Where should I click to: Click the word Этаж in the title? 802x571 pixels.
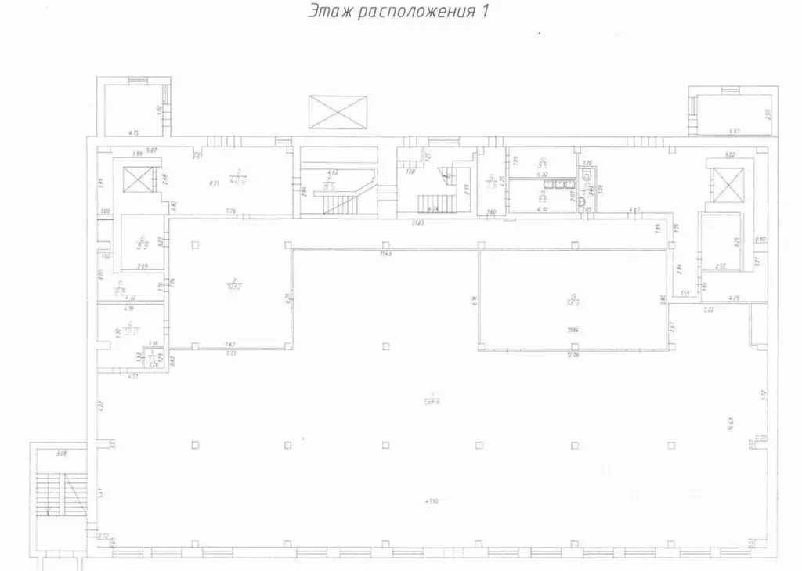328,12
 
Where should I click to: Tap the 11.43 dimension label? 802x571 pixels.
385,254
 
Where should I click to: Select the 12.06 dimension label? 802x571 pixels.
576,354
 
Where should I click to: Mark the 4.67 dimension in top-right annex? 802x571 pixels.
734,131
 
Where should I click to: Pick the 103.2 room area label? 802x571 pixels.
233,284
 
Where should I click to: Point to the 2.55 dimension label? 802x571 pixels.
720,266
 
